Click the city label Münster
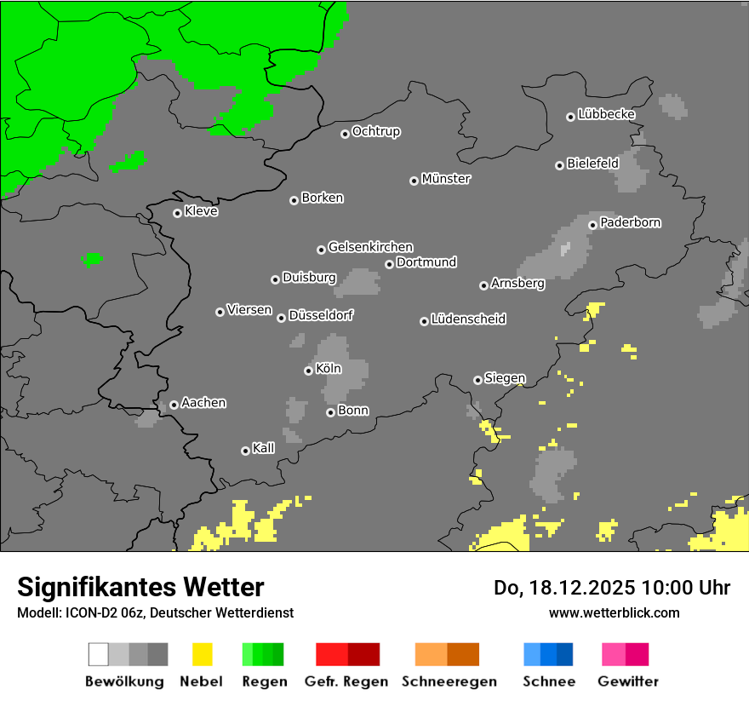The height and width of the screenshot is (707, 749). [446, 179]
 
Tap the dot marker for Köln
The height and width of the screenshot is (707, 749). [308, 371]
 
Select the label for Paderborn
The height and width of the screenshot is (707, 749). [631, 222]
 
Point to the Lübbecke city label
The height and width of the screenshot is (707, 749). [606, 114]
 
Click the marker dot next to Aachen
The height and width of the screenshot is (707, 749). [174, 405]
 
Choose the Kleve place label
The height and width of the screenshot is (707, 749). [201, 211]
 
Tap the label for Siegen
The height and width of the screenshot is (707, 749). [505, 378]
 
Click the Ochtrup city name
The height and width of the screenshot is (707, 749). [376, 131]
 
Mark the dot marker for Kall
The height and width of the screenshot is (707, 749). [245, 451]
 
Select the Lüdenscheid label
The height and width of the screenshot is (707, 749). [468, 319]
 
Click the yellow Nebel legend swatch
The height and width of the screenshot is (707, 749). [202, 654]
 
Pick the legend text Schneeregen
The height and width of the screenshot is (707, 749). [449, 681]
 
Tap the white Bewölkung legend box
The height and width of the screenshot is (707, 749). [99, 654]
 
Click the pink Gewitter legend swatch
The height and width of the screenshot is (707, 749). [614, 654]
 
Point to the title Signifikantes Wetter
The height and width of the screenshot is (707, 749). [140, 587]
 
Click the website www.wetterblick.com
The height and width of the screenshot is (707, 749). [614, 612]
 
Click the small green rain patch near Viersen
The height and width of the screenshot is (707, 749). [92, 258]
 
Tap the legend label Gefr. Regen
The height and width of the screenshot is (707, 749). [346, 681]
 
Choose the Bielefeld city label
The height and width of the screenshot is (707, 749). [592, 163]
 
